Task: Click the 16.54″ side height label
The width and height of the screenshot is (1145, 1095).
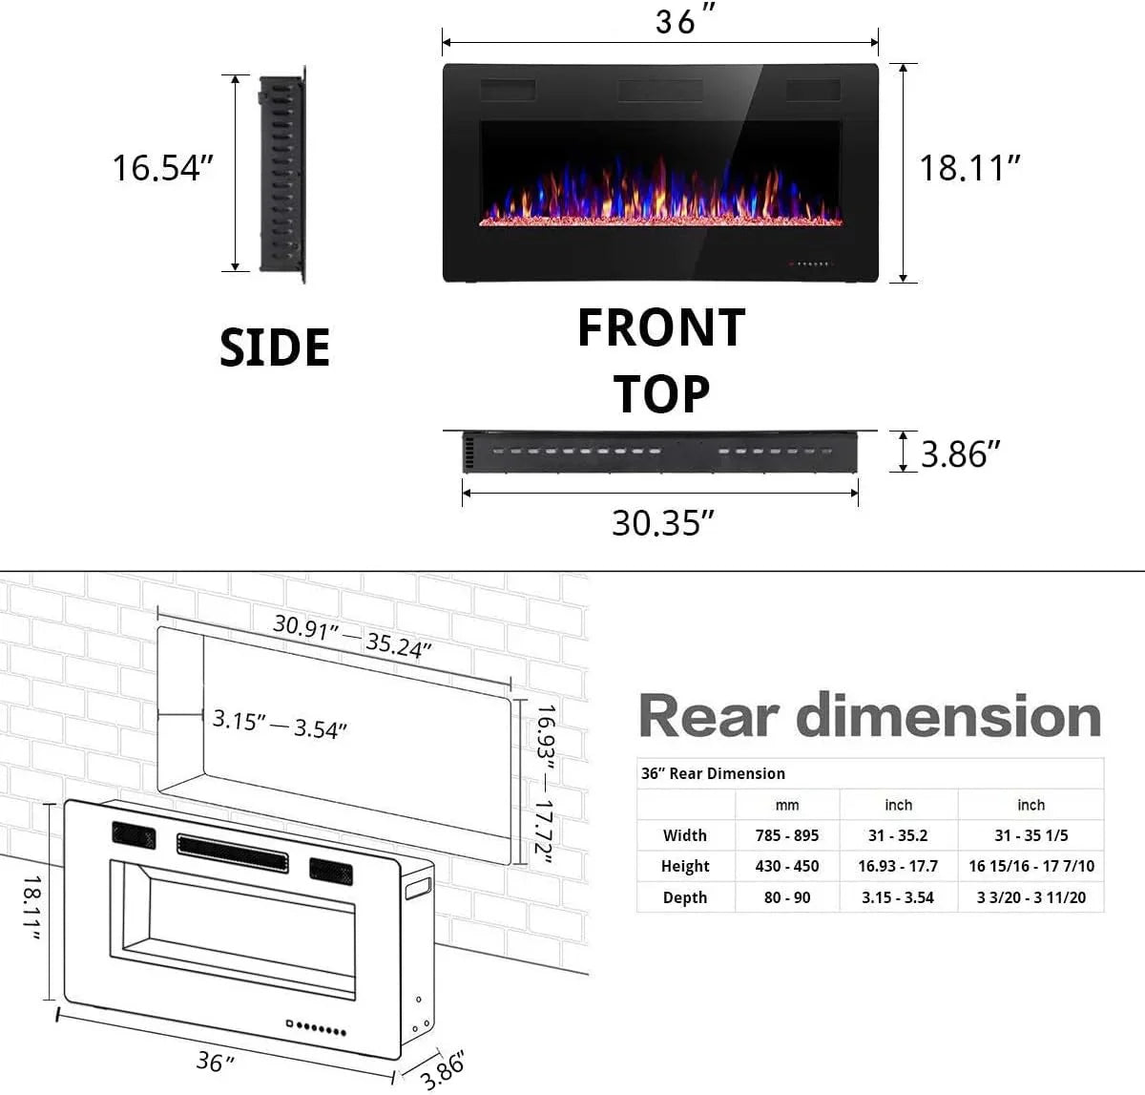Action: [162, 168]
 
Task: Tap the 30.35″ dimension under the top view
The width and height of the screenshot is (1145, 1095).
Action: [662, 523]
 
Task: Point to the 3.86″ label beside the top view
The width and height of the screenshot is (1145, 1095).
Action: [960, 454]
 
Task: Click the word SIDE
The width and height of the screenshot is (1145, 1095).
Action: [275, 347]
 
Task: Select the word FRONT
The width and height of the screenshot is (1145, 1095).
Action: [661, 327]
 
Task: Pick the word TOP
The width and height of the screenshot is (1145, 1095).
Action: [661, 394]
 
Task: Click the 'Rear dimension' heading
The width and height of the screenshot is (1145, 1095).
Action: [869, 716]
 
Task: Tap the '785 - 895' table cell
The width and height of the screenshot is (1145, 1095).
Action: [786, 835]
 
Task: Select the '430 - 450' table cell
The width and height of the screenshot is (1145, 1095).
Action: [786, 866]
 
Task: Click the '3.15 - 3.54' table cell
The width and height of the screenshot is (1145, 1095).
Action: [898, 897]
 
